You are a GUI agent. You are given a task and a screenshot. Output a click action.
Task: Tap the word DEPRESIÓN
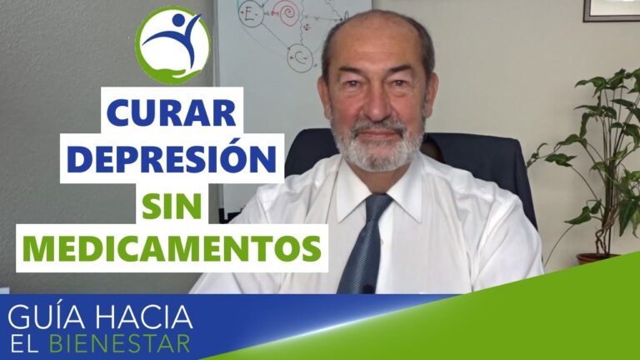[170, 158]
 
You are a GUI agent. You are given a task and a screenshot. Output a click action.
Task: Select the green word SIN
[172, 204]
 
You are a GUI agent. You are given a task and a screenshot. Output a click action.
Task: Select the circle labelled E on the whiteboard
[250, 15]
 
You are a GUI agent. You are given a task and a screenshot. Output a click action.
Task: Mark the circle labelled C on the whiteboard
[301, 57]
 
